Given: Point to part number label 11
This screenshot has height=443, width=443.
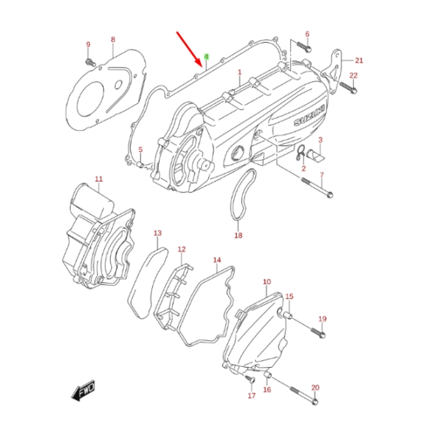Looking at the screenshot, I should click(x=99, y=179).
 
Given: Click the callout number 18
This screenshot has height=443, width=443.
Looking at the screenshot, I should click(x=238, y=236).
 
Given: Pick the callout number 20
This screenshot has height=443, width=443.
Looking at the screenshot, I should click(x=315, y=388).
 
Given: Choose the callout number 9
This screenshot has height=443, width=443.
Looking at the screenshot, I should click(x=87, y=44).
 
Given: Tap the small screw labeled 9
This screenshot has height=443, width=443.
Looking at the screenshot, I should click(x=89, y=61).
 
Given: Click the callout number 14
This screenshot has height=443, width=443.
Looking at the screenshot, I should click(x=217, y=261).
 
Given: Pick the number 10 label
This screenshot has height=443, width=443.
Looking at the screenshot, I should click(x=267, y=282).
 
